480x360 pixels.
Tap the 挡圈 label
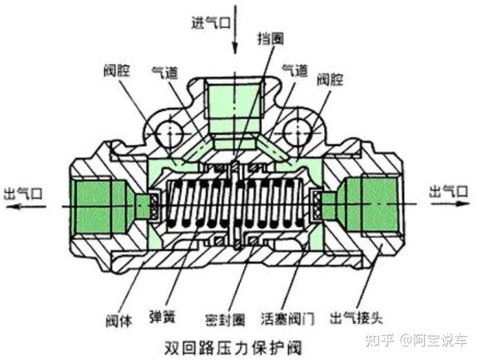coord(270,38)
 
